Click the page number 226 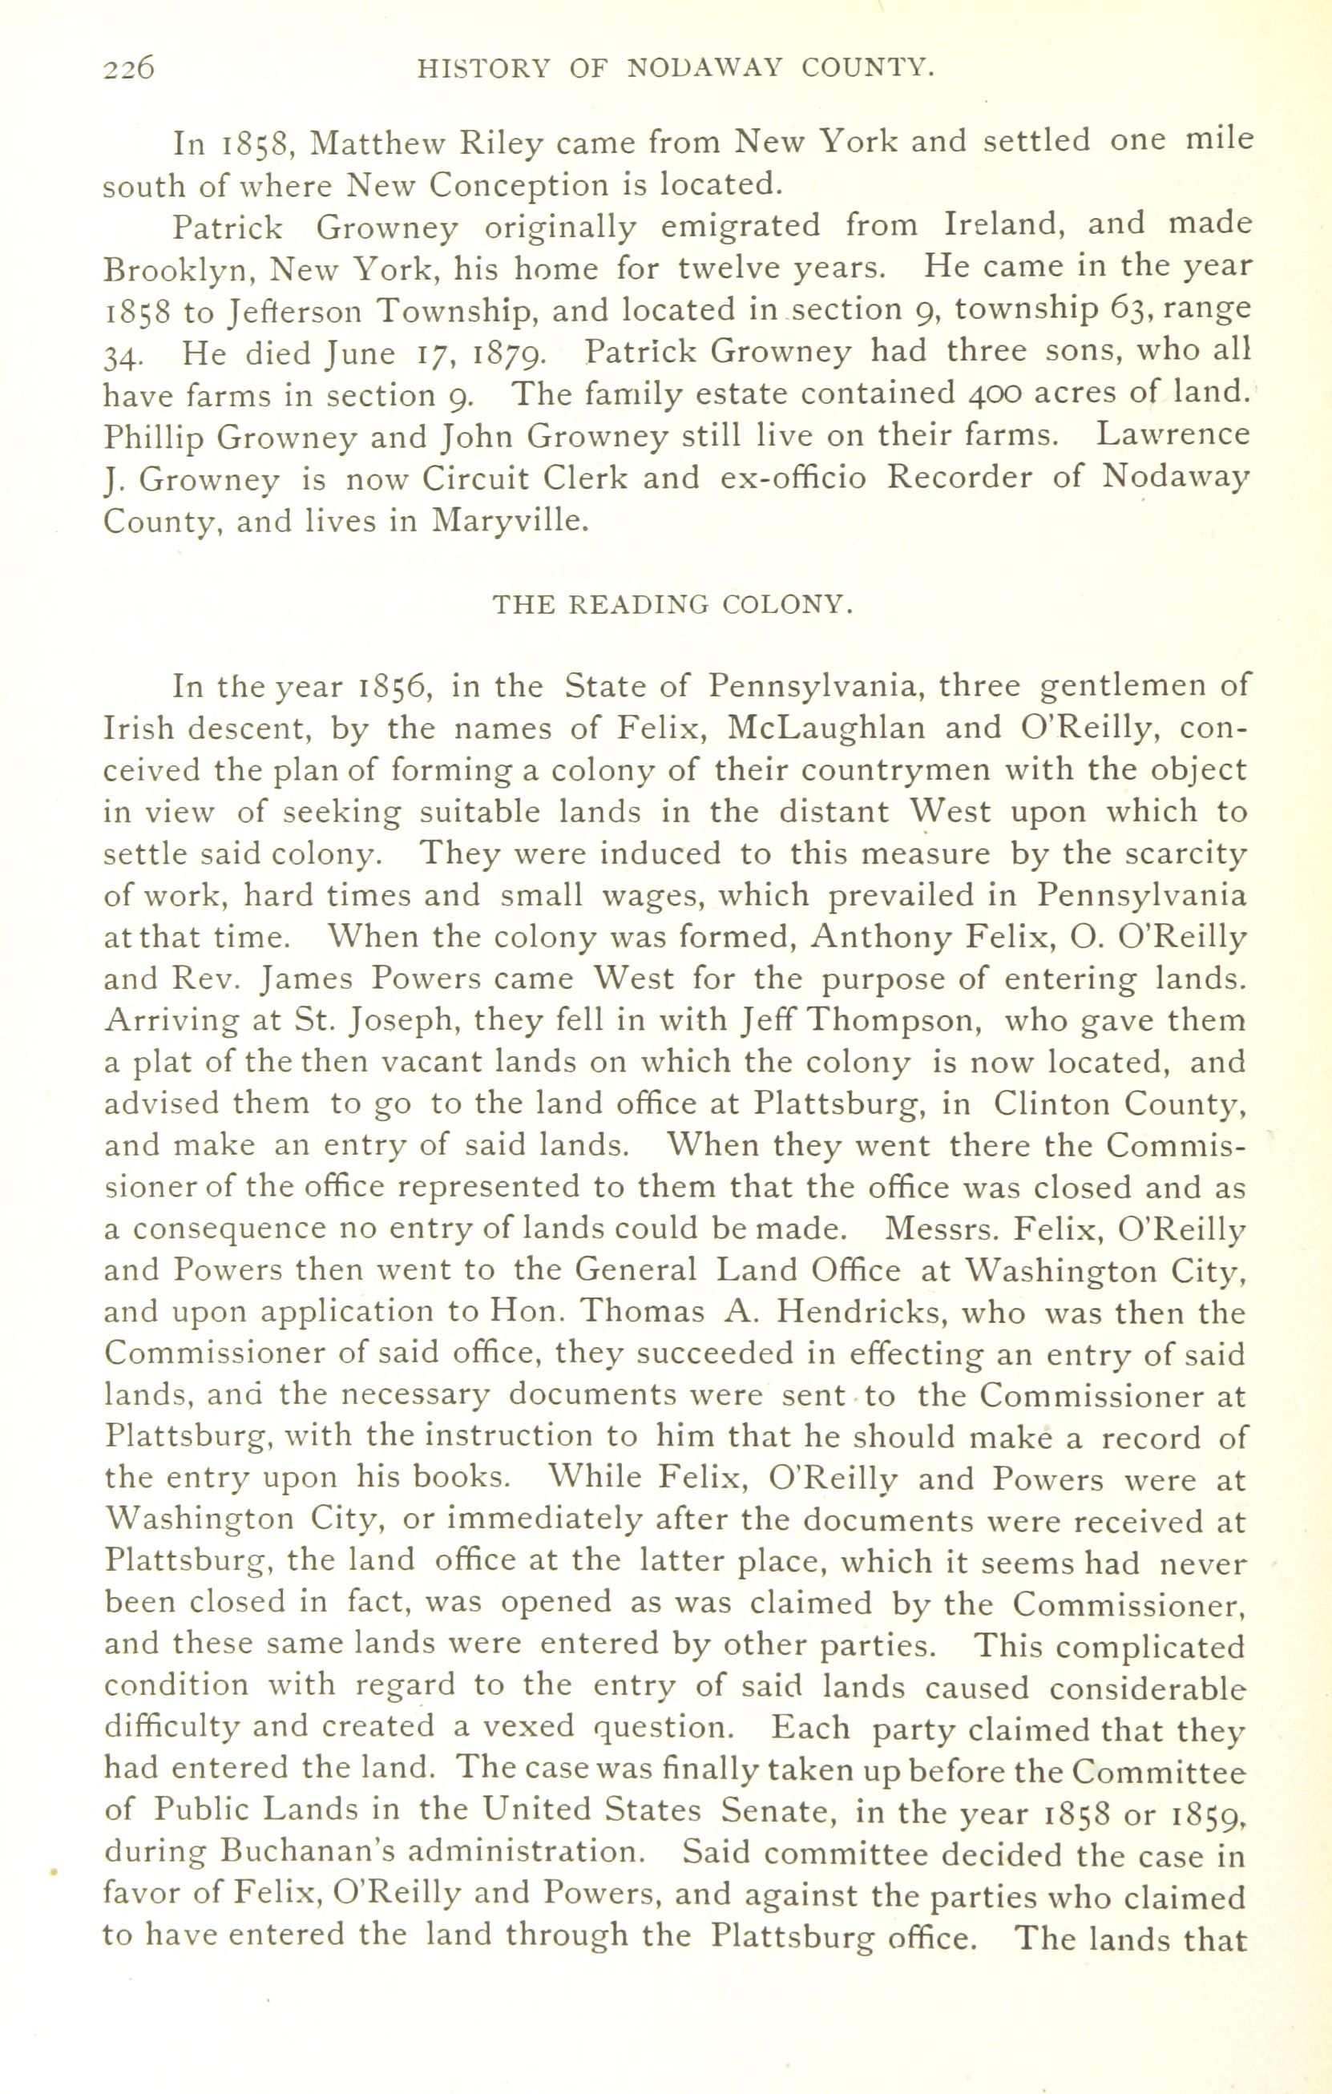point(129,68)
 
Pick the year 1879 point(510,354)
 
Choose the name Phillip point(153,438)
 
